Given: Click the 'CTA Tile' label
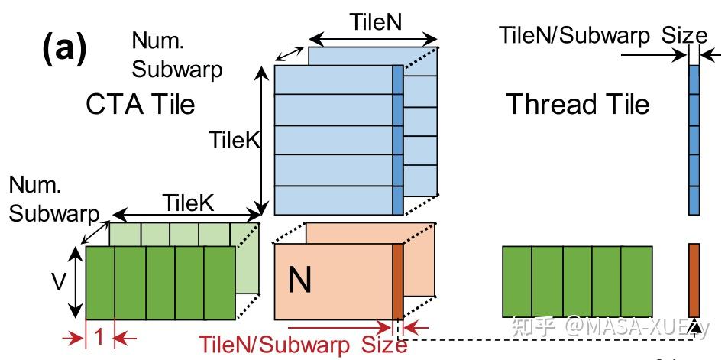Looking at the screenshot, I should pos(141,104).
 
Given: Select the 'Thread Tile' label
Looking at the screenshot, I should pos(578,103).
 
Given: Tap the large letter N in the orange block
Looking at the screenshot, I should pos(299,281).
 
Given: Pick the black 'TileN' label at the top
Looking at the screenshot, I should pos(374,22).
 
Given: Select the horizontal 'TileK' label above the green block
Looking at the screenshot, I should pos(186,203).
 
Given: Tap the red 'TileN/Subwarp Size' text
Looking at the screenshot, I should pos(303,345).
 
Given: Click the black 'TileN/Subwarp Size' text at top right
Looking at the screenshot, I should pos(603,34).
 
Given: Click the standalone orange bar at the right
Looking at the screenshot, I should pos(694,279).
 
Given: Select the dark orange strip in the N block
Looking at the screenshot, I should pos(397,281).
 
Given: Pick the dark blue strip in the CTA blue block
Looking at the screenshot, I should pos(397,140).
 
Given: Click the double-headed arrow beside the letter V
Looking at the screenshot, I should pos(75,281).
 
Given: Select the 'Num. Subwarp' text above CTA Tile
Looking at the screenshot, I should pos(176,54).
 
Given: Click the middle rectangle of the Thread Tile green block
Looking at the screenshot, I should pos(578,281).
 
